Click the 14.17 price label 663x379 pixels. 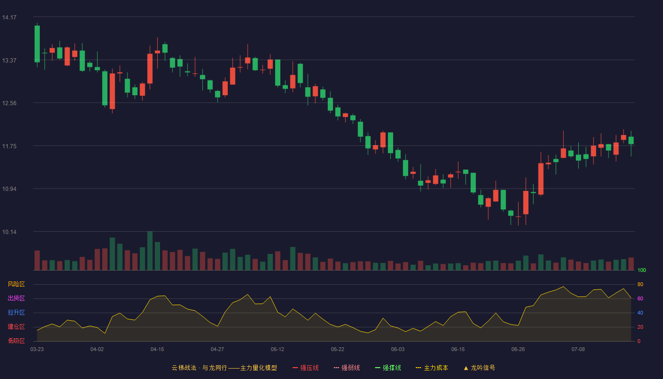coord(9,18)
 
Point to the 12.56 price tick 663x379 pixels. coord(9,103)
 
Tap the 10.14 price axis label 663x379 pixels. coord(9,232)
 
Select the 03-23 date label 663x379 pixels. coord(37,350)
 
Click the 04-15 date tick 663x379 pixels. coord(157,350)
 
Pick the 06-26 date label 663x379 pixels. coord(518,350)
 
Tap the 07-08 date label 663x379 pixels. coord(578,350)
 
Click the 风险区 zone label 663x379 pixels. coord(16,284)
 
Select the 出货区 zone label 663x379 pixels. coord(16,298)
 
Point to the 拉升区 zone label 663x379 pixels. coord(16,312)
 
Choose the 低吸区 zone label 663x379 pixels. coord(16,341)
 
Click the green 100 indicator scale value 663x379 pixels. coord(642,271)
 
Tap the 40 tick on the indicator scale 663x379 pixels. coord(640,313)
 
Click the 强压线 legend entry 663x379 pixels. coord(305,368)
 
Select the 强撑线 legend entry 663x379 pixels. coord(388,368)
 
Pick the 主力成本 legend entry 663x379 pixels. coord(432,368)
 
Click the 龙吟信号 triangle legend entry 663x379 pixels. coord(479,368)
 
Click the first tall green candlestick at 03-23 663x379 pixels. coord(37,44)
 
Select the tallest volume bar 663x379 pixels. coord(150,251)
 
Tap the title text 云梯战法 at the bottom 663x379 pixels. coord(184,368)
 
